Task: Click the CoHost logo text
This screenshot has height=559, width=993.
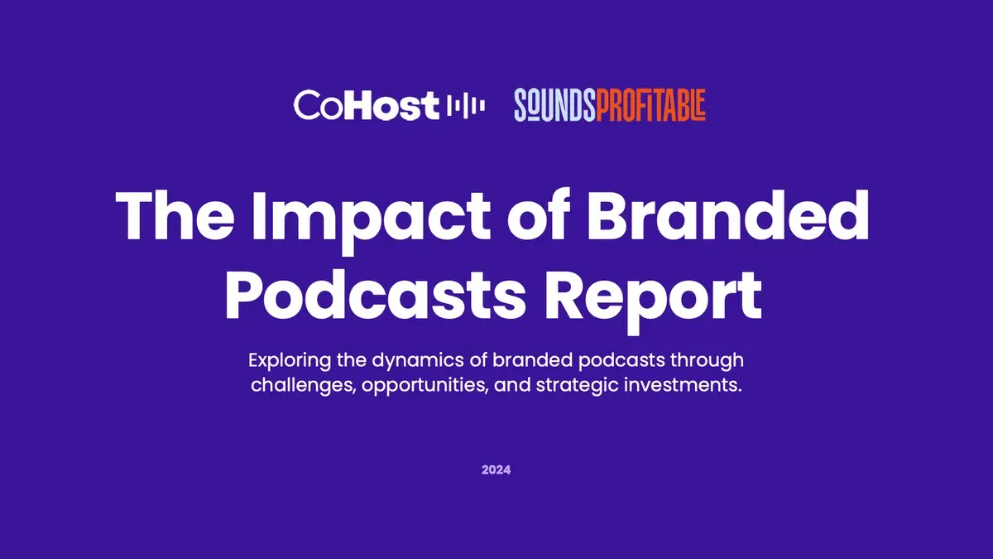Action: (x=366, y=105)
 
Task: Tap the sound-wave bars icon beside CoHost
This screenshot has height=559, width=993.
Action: (x=465, y=106)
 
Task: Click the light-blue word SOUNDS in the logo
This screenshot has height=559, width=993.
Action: (x=554, y=105)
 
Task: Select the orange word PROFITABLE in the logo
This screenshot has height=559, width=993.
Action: (x=650, y=105)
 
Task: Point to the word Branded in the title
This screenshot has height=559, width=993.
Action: (x=728, y=215)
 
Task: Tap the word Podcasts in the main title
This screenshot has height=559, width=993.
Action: (x=376, y=295)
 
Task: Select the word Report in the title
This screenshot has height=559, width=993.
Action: (x=653, y=301)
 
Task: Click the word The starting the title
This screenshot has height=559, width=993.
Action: (x=175, y=215)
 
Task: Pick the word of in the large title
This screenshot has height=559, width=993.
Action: (x=539, y=215)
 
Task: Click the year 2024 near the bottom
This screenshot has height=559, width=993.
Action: (x=496, y=470)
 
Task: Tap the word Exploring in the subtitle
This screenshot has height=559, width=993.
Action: (x=290, y=361)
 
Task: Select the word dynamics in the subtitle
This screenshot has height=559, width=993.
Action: (x=418, y=361)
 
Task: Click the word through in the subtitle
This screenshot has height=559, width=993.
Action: (x=707, y=361)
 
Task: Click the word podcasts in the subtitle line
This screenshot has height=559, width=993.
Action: (x=621, y=361)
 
